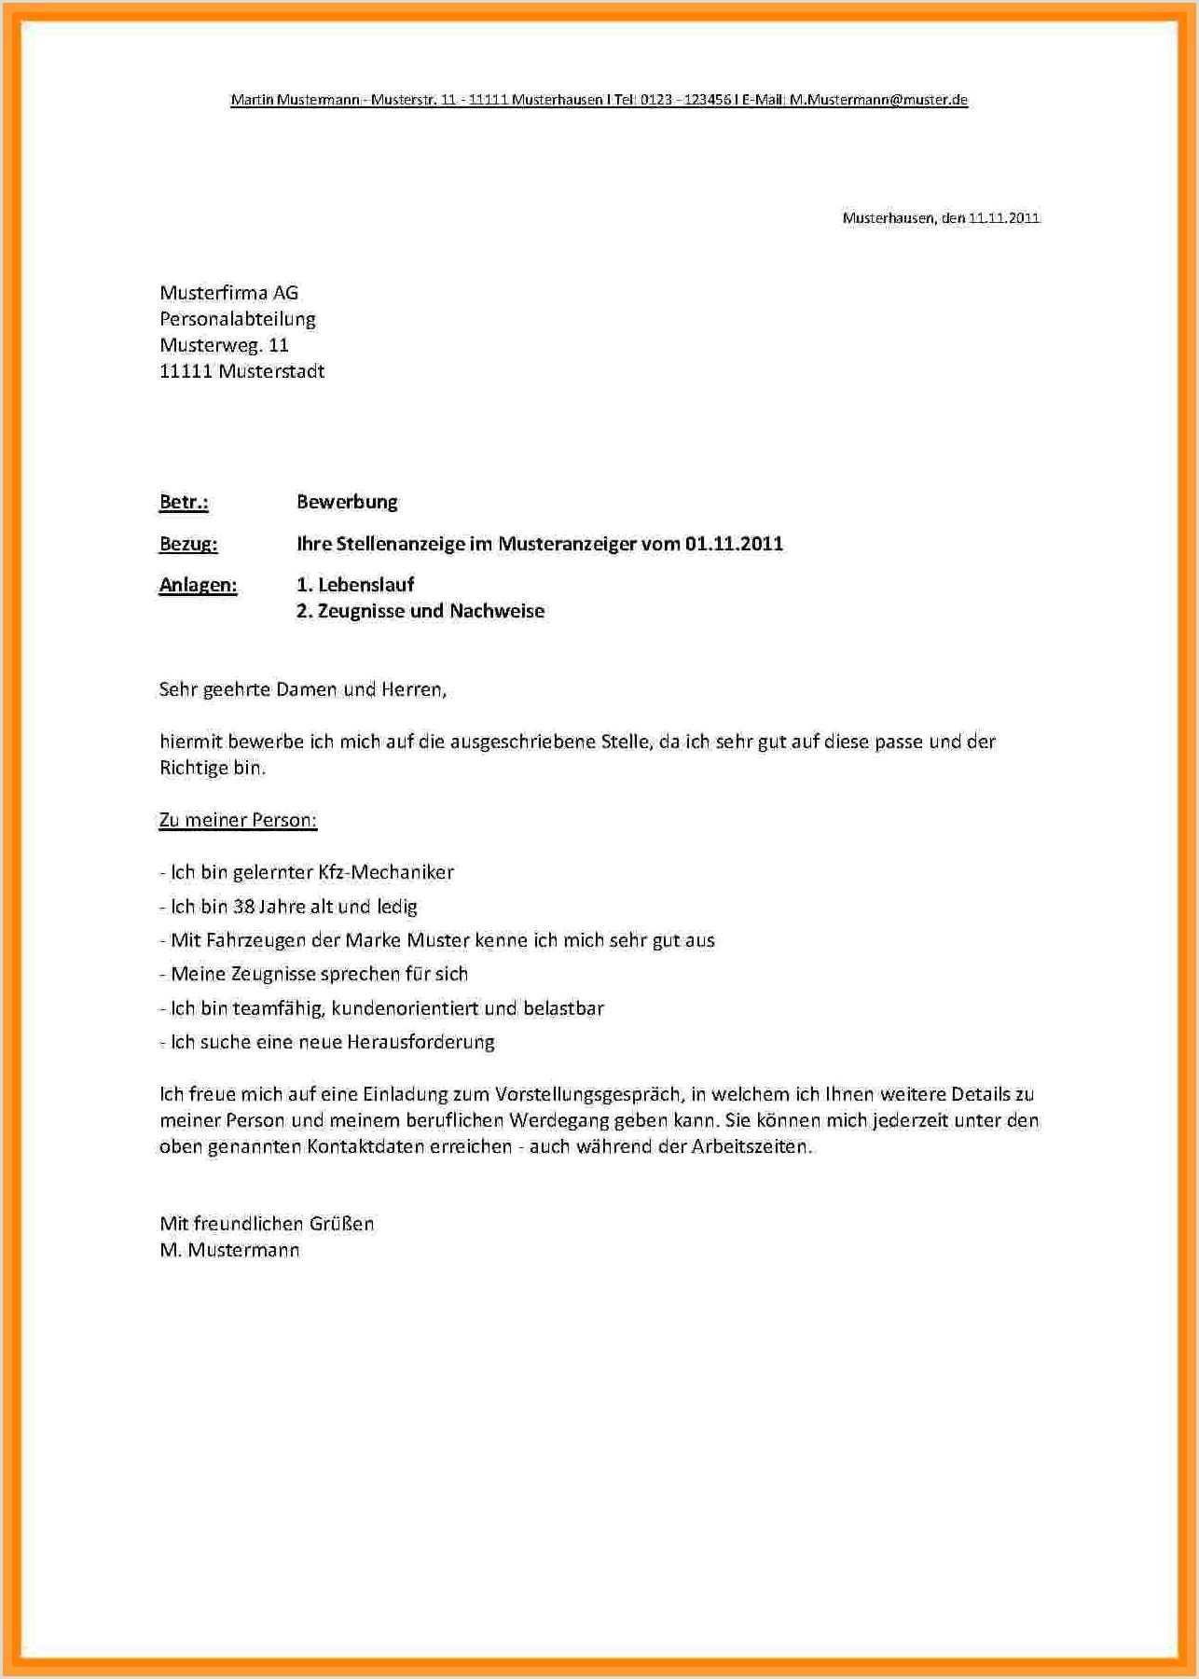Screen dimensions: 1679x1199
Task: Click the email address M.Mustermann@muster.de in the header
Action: coord(878,100)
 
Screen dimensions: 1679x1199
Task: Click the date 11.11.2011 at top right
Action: coord(1003,218)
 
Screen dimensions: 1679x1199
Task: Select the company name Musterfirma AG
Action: coord(228,293)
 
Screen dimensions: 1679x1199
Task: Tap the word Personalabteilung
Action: coord(238,319)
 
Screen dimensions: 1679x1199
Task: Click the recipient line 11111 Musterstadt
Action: coord(241,371)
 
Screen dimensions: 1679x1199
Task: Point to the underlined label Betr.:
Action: coord(184,502)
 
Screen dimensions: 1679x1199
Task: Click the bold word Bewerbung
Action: coord(347,502)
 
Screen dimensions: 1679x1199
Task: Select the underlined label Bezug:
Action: coord(188,544)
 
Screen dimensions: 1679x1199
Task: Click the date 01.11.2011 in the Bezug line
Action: coord(734,544)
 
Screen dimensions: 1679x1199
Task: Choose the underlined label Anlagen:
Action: coord(198,585)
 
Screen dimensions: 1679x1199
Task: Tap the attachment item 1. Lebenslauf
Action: coord(355,585)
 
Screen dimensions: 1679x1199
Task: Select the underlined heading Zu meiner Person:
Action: coord(238,821)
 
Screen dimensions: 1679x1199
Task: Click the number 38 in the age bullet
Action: coord(243,907)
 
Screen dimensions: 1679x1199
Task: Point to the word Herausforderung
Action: coord(420,1042)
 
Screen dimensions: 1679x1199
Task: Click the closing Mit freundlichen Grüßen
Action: coord(267,1224)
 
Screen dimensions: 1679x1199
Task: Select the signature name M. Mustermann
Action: coord(229,1250)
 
